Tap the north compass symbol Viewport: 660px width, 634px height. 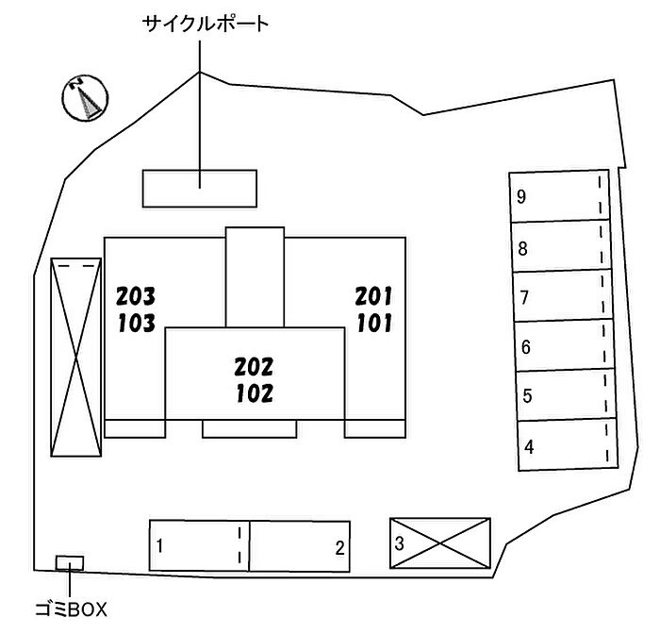(83, 97)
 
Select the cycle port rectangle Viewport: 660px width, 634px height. (199, 188)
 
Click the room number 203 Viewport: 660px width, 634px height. (136, 296)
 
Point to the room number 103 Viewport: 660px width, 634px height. (136, 324)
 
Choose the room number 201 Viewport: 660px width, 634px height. (373, 296)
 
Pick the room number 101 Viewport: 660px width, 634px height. (374, 324)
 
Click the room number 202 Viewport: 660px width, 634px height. (254, 366)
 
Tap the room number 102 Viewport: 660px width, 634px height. (254, 392)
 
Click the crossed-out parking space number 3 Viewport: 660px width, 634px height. (440, 543)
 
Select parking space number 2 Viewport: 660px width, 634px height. (300, 545)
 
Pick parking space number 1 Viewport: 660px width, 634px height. (199, 545)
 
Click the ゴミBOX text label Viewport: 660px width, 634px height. (71, 610)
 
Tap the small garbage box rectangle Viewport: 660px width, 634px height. (70, 563)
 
